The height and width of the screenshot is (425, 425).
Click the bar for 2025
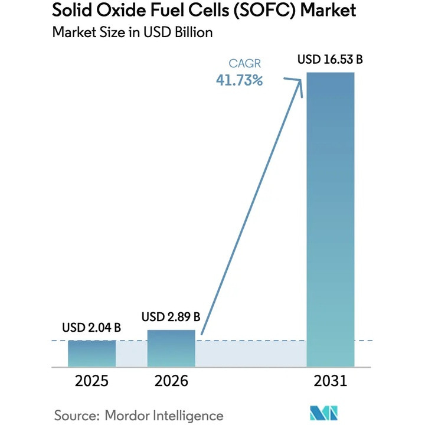(x=91, y=353)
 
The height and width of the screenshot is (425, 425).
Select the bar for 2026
(x=171, y=348)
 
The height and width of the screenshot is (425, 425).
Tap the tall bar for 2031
(x=331, y=218)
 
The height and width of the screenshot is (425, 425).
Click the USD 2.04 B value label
(x=91, y=328)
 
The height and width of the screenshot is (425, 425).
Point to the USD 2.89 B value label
(x=171, y=317)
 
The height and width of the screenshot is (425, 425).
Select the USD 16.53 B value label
(x=331, y=60)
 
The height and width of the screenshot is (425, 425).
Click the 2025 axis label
(x=91, y=381)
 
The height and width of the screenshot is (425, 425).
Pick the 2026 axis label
(x=171, y=381)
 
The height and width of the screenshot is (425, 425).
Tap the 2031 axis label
(x=331, y=381)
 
